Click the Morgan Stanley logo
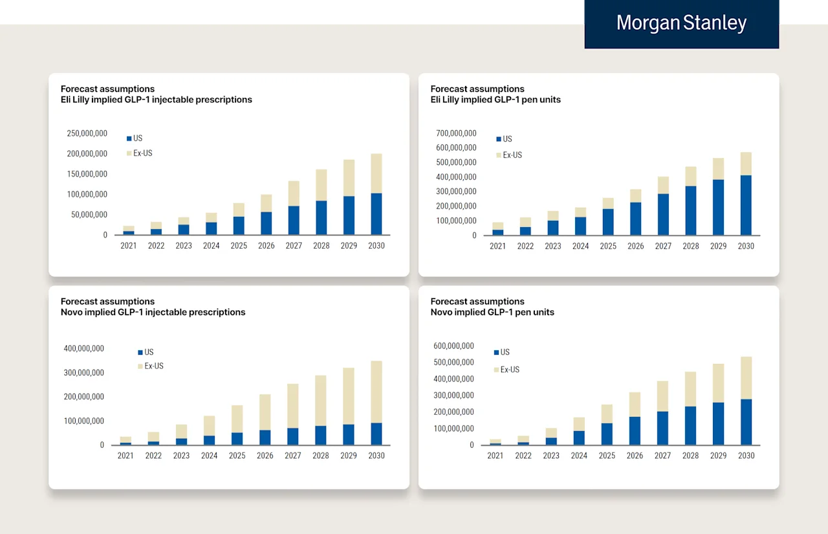(681, 23)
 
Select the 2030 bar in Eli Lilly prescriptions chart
(376, 194)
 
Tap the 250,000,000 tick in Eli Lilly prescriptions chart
(87, 133)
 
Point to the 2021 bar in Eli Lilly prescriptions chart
(129, 230)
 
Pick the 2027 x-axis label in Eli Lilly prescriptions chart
(294, 246)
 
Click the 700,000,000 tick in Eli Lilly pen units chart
(456, 133)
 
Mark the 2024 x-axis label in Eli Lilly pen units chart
(581, 246)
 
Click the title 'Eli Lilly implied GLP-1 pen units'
(496, 100)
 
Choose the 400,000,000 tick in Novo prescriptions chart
(83, 348)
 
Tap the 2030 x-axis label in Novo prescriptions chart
(376, 456)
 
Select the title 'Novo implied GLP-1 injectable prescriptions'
(153, 312)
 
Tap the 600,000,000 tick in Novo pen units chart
(453, 346)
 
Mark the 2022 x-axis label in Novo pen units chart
(523, 456)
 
